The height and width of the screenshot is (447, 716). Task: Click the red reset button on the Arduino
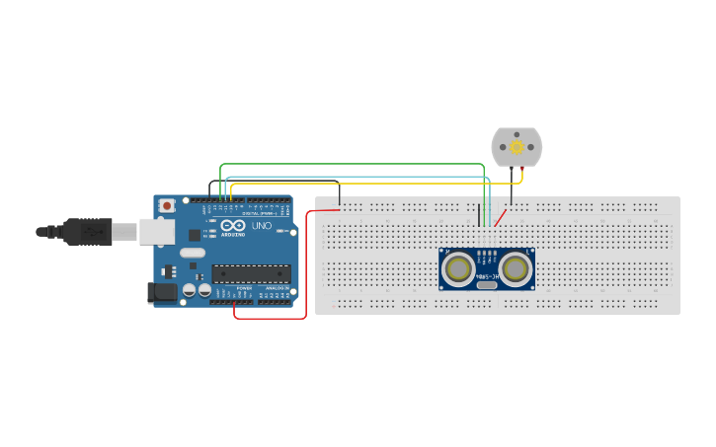pyautogui.click(x=168, y=204)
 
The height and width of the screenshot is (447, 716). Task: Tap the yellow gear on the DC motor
pyautogui.click(x=517, y=146)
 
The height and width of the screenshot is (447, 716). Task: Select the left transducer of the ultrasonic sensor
pyautogui.click(x=459, y=268)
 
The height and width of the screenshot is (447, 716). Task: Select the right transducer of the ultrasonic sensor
pyautogui.click(x=515, y=268)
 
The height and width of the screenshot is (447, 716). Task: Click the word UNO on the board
pyautogui.click(x=262, y=226)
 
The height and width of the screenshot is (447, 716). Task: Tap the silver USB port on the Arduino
pyautogui.click(x=155, y=231)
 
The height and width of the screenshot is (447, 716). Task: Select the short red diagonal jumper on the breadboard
pyautogui.click(x=501, y=216)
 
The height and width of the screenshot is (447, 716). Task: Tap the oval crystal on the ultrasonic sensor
pyautogui.click(x=487, y=285)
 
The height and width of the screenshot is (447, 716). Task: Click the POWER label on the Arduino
pyautogui.click(x=244, y=288)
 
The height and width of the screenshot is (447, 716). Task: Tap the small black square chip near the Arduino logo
pyautogui.click(x=211, y=235)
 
